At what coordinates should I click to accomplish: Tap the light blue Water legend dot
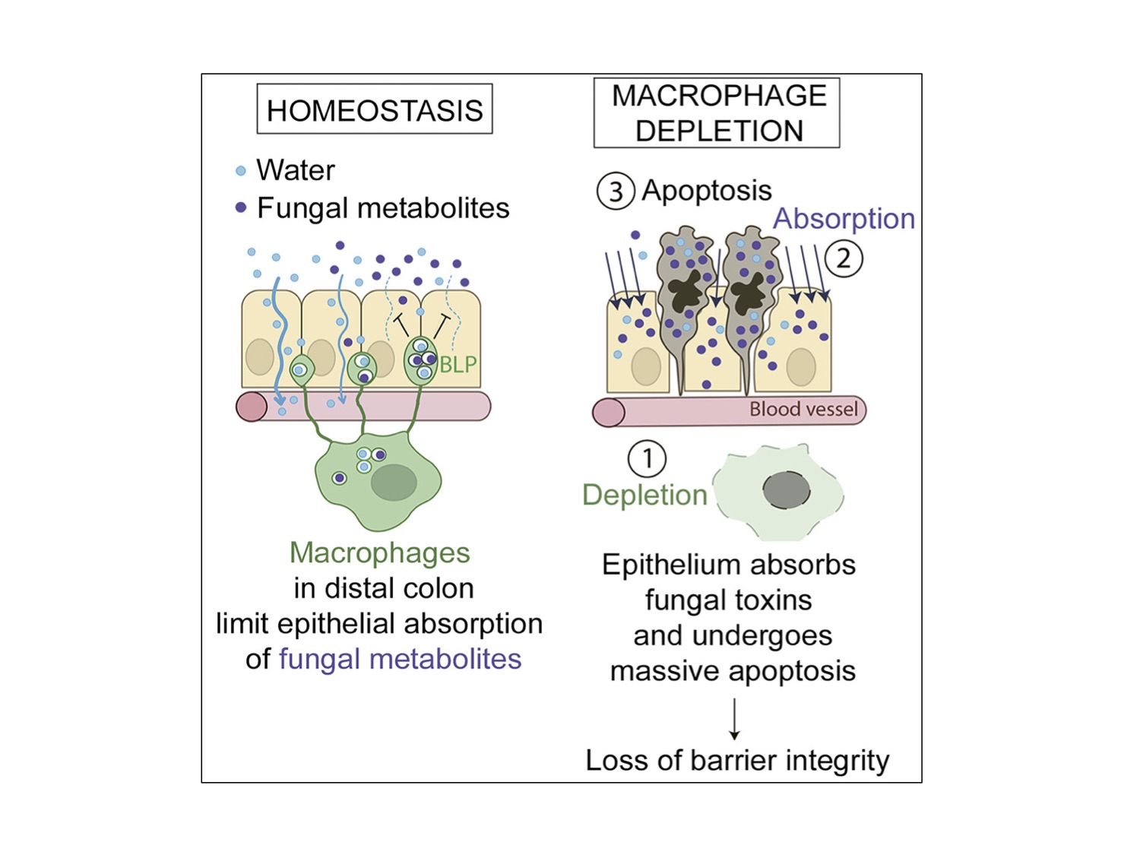click(240, 170)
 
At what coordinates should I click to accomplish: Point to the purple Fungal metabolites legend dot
click(240, 207)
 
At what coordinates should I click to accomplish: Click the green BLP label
click(458, 365)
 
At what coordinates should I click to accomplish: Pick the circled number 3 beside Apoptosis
click(616, 191)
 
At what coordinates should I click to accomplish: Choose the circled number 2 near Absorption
click(844, 258)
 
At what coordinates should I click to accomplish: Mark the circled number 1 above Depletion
click(647, 458)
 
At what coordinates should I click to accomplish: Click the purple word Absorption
click(844, 219)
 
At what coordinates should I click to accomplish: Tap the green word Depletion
click(645, 495)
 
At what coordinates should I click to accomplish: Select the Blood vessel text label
click(803, 409)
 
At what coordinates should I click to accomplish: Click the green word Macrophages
click(380, 553)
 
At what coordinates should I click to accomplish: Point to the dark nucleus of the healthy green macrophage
click(394, 483)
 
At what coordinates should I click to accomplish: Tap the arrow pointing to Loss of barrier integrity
click(734, 718)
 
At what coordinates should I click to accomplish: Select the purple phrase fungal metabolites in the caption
click(400, 659)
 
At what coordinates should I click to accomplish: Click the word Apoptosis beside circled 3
click(707, 191)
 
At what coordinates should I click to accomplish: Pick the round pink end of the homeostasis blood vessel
click(252, 407)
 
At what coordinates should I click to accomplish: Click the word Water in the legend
click(296, 170)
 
